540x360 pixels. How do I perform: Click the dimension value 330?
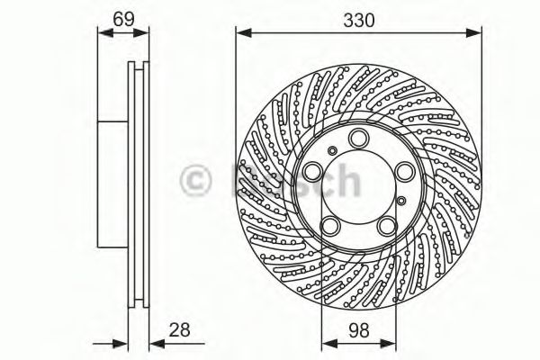[357, 17]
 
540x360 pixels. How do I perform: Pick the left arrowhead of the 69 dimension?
[100, 33]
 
